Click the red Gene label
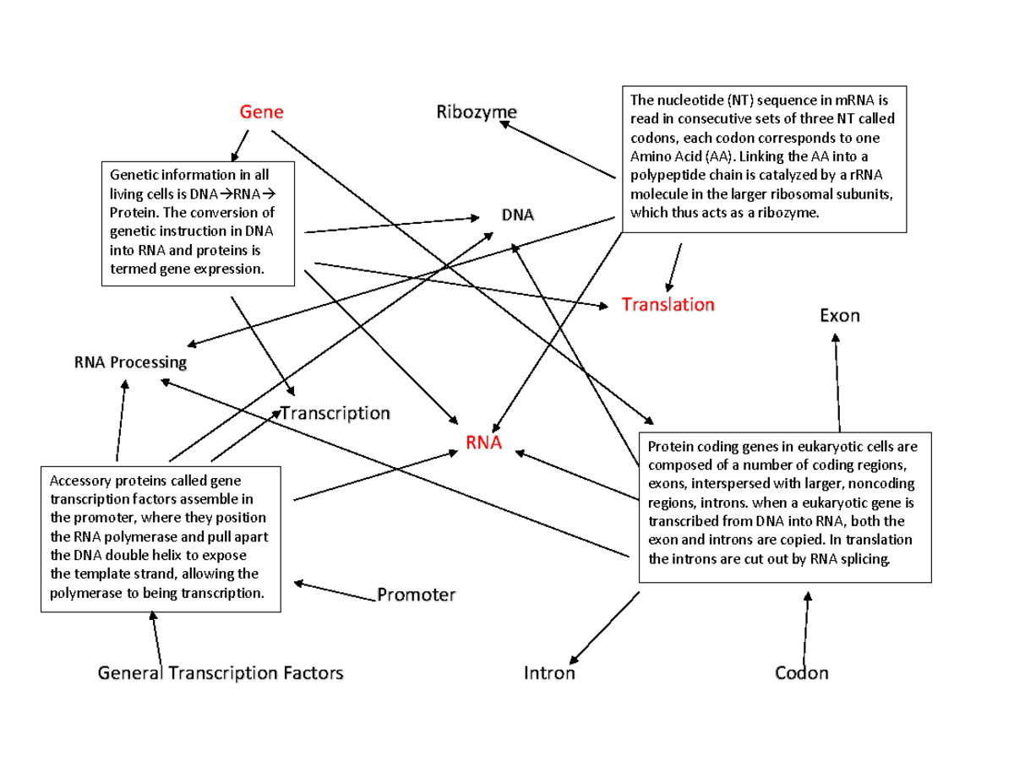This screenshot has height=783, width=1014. coord(261,112)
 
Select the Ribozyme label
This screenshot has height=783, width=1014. coord(477,112)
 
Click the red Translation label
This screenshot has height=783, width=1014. coord(668,304)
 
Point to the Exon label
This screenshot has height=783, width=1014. coord(839,316)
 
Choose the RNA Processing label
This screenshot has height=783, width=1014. coord(130,362)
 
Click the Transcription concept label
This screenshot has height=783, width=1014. coord(335,414)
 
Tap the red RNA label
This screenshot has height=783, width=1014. coord(483,443)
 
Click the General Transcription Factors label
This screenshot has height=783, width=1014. coord(221,673)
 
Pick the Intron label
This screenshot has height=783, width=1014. coord(549,673)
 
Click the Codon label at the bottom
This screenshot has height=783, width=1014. coord(802,673)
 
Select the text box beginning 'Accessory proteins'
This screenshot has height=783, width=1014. coord(160,538)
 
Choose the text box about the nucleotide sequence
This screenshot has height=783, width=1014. coord(764,158)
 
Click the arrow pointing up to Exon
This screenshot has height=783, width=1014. coord(837,380)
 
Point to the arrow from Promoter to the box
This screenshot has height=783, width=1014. coord(335,590)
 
